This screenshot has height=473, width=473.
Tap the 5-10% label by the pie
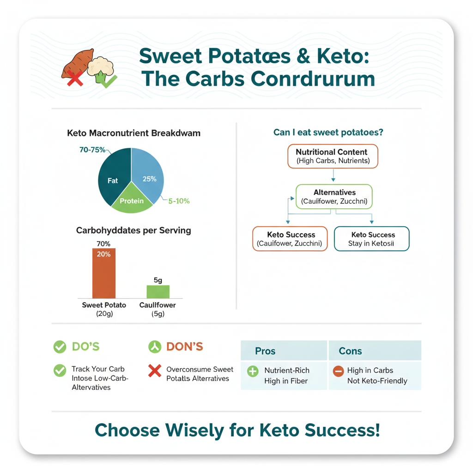179,201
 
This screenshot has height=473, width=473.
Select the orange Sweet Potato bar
104,273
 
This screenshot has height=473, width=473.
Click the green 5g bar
158,291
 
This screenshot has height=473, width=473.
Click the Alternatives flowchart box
334,197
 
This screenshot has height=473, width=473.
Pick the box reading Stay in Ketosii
371,239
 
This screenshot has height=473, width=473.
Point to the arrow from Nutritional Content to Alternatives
333,176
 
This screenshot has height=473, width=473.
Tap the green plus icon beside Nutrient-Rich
253,371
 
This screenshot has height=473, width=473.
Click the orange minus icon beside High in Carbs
339,371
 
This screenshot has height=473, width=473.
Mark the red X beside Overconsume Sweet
155,370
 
